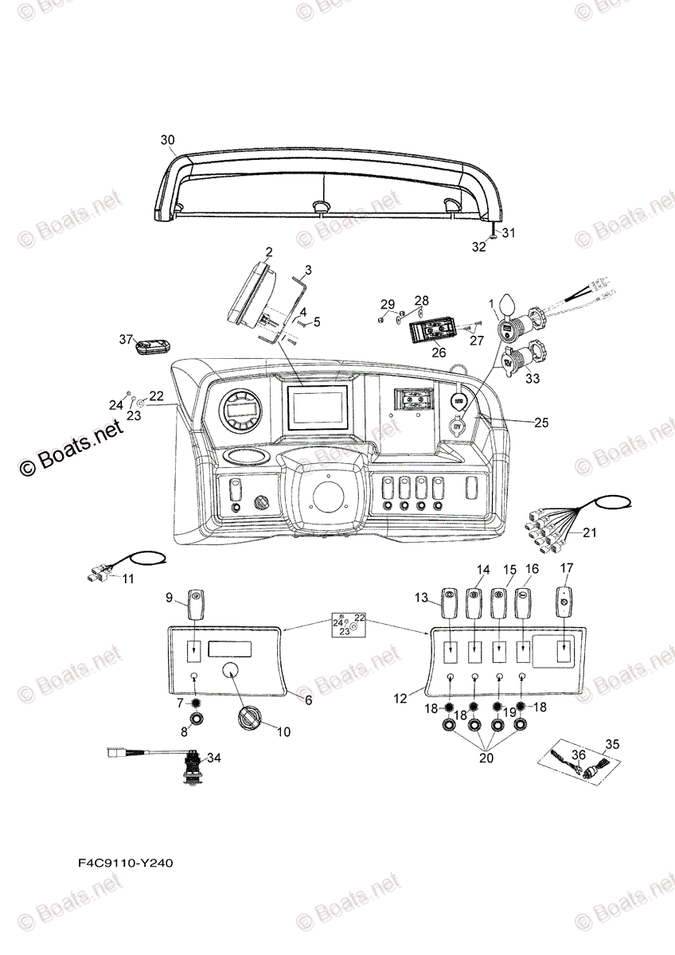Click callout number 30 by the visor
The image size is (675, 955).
pos(166,140)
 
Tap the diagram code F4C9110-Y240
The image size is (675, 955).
pos(125,863)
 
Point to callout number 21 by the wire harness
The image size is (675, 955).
pos(589,533)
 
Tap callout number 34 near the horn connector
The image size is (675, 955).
pos(213,757)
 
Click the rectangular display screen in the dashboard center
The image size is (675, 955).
pos(318,406)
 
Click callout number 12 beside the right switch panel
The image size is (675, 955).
pos(400,698)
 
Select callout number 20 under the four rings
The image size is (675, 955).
pos(486,758)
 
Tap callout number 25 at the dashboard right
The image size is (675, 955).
pos(540,423)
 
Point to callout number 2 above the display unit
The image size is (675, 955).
pos(269,251)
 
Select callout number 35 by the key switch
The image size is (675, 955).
pos(612,745)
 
